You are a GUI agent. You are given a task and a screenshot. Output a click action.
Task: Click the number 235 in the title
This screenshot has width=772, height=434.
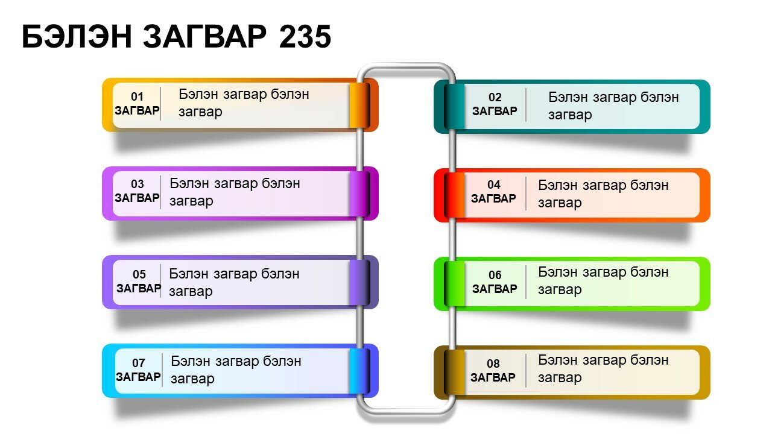pos(305,37)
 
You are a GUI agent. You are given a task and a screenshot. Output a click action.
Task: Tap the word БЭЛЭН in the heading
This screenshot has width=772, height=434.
pos(77,37)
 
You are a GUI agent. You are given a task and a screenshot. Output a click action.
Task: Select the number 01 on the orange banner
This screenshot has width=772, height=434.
pos(137,96)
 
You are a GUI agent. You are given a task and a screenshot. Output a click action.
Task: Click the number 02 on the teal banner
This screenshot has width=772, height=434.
pos(495,97)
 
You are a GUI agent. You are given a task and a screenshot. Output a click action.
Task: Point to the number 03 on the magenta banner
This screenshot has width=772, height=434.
pos(137,184)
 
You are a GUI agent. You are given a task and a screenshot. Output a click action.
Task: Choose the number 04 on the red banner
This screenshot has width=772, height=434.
pos(494,184)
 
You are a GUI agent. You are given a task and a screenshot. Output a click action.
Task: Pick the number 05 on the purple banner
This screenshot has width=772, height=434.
pos(139,274)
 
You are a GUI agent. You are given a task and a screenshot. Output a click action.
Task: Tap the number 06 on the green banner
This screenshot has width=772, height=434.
pos(495,275)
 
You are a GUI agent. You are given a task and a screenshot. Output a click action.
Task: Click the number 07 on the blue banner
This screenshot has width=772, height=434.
pos(138,363)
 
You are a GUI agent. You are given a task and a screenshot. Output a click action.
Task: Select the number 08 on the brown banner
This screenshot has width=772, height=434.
pos(493,363)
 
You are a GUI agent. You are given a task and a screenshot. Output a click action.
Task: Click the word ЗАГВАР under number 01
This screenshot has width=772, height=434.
pos(137,110)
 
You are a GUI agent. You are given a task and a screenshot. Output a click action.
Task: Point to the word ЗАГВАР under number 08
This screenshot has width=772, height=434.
pos(493,377)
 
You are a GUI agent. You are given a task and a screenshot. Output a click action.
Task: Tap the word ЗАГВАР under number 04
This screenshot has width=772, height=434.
pos(493,198)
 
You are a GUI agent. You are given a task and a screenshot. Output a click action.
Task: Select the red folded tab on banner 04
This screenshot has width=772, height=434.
pos(454,195)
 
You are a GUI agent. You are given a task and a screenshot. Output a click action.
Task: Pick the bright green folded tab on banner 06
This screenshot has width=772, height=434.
pos(454,284)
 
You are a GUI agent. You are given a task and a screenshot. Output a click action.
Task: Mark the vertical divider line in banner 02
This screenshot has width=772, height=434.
pos(526,105)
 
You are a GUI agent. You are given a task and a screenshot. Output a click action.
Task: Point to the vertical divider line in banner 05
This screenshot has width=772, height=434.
pos(160,281)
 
